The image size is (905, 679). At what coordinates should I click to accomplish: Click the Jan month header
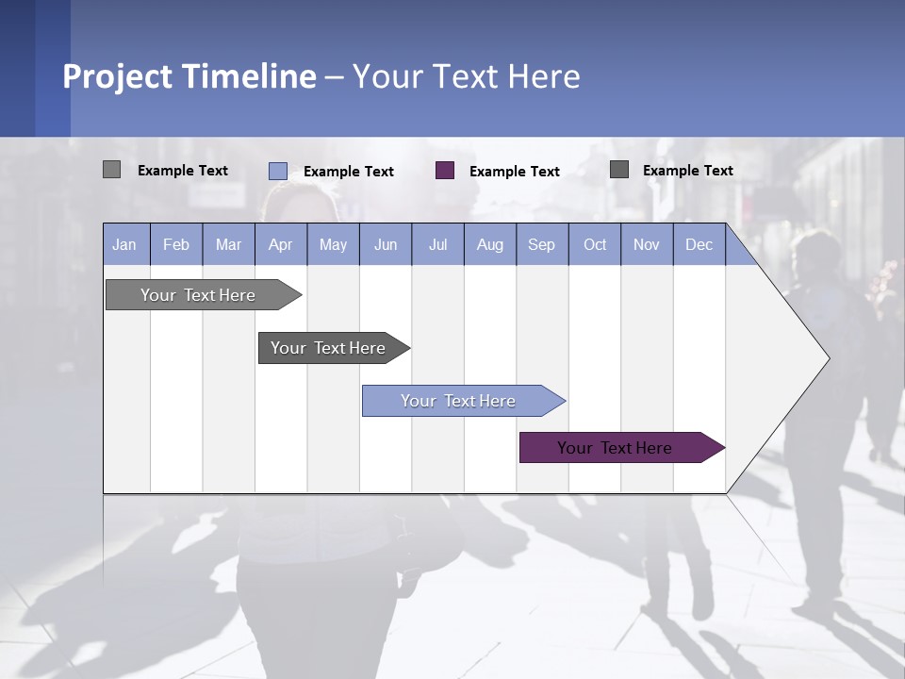pos(124,244)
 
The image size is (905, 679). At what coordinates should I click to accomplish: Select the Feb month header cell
pos(176,244)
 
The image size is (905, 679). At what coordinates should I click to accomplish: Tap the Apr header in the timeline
pos(280,244)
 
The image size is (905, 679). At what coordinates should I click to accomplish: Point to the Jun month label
pos(386,244)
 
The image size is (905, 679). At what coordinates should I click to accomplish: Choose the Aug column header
pos(489,244)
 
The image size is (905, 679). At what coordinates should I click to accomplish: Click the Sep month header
pos(541,244)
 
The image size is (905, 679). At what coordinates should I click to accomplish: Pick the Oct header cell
pos(595,244)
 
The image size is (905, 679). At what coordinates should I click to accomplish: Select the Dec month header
pos(699,244)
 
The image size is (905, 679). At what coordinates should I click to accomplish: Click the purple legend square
pos(445,171)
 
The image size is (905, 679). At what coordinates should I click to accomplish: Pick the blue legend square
pos(278,171)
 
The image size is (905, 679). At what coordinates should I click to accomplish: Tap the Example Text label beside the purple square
pos(514,172)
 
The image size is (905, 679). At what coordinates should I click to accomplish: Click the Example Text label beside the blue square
pos(348,172)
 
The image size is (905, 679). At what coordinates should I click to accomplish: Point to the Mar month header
pos(228,244)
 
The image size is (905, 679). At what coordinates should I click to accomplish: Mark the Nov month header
pos(646,244)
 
